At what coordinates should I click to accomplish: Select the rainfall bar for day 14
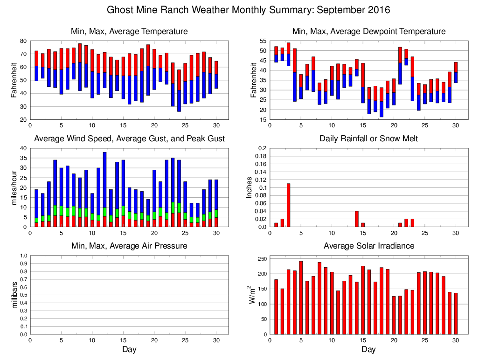(x=357, y=219)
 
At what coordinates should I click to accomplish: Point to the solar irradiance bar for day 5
(x=301, y=298)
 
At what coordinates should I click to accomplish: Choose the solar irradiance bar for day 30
(x=456, y=313)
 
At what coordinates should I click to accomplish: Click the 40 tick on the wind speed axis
(x=24, y=148)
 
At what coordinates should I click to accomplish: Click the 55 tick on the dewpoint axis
(x=264, y=41)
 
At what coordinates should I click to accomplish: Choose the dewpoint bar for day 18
(x=382, y=102)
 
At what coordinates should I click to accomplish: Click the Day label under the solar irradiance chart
(x=368, y=349)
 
